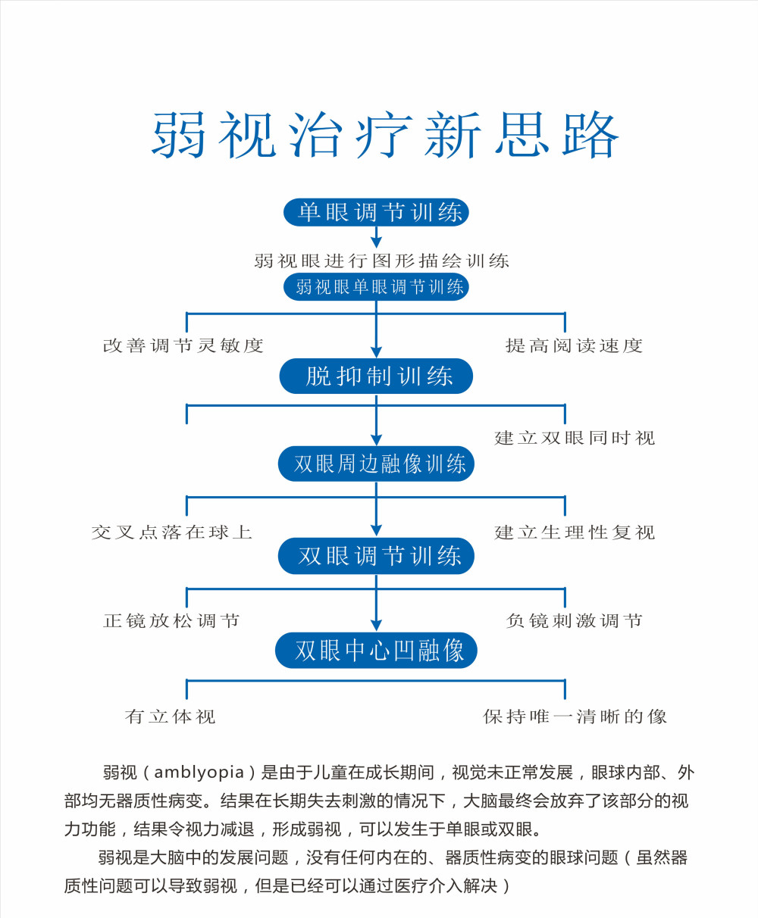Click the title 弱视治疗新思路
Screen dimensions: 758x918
[385, 135]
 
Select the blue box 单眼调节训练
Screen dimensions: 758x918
[376, 212]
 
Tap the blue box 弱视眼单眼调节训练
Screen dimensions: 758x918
[376, 287]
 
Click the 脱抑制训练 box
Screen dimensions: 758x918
[376, 376]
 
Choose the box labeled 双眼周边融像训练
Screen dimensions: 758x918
[376, 464]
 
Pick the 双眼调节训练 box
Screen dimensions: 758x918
[376, 556]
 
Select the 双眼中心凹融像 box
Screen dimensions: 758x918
[376, 650]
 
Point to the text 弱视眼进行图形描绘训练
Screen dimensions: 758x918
[381, 261]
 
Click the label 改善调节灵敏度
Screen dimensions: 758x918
[183, 345]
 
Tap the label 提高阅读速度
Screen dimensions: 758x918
[574, 345]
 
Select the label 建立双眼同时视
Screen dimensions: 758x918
[575, 438]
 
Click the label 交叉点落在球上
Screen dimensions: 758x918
[171, 532]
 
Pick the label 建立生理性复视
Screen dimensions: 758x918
[575, 532]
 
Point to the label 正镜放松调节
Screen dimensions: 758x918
[171, 621]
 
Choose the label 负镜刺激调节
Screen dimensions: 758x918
[574, 621]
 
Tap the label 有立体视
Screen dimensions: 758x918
[170, 717]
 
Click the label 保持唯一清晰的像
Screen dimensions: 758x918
[575, 717]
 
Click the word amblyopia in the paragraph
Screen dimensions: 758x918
[199, 772]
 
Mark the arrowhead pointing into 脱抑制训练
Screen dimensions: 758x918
[376, 351]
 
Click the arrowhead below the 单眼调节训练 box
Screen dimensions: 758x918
[376, 242]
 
